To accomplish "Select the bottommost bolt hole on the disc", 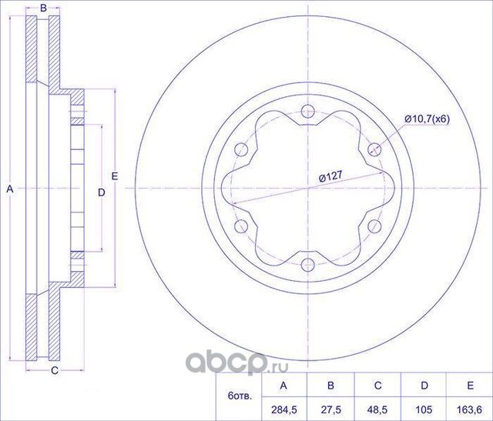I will [307, 266].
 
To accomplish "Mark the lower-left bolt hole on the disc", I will [240, 226].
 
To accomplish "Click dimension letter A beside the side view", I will [10, 188].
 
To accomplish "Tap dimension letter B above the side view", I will [44, 8].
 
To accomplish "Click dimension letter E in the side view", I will [114, 176].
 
